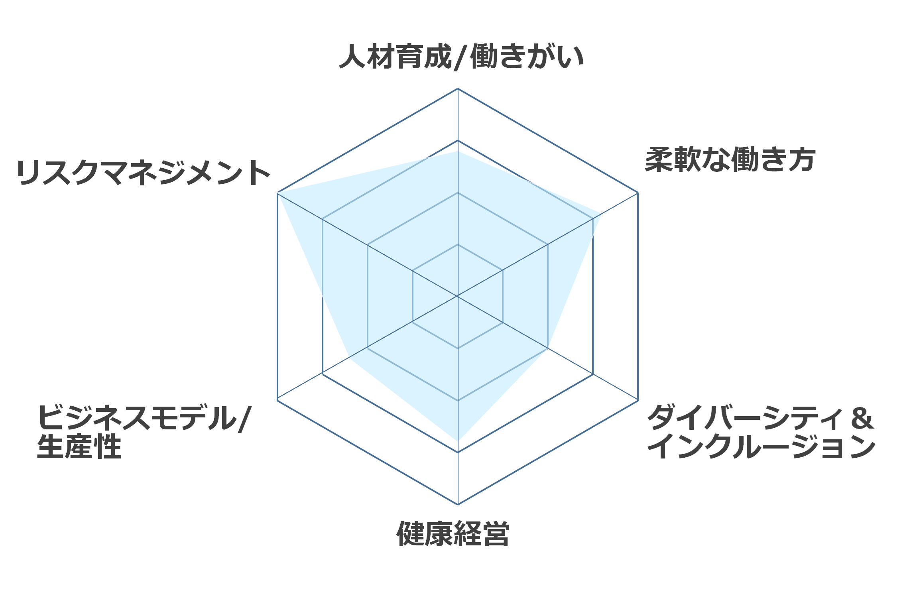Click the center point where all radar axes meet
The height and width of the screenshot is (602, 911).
point(458,296)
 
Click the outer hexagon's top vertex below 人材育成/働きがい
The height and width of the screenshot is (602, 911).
point(458,89)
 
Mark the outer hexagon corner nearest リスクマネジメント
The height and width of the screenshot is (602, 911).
point(277,193)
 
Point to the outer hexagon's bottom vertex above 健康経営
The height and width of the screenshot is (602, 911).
point(458,504)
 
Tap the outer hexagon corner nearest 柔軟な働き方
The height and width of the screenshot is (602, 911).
point(638,193)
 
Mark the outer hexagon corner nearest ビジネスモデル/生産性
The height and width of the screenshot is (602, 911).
point(277,400)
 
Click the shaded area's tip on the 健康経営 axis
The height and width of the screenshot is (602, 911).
point(458,441)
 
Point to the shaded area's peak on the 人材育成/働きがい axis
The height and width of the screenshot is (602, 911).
point(458,151)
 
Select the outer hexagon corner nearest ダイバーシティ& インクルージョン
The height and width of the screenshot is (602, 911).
point(638,400)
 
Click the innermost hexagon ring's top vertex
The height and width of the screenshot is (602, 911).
point(458,244)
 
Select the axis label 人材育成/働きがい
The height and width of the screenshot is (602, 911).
point(461,57)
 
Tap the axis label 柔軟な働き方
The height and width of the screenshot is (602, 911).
point(730,159)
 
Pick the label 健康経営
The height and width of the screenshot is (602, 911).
point(453,533)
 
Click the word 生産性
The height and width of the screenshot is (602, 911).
point(79,447)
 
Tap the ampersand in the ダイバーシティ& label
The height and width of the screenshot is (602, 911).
point(862,418)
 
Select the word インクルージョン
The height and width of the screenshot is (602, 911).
point(761,447)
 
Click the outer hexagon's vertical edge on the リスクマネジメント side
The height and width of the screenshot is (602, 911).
point(277,297)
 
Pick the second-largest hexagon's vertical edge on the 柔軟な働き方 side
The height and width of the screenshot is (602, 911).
point(593,296)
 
